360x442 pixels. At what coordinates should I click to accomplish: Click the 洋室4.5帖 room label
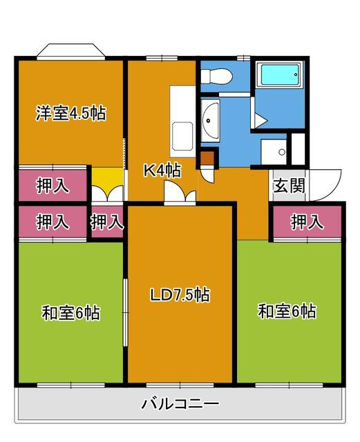[70, 113]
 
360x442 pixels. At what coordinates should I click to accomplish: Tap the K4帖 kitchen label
[162, 171]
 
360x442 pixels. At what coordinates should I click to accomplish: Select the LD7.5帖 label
[180, 295]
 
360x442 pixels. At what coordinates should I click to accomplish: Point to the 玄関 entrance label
[290, 186]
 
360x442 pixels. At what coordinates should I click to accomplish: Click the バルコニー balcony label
[180, 404]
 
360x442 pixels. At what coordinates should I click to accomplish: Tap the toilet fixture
[216, 76]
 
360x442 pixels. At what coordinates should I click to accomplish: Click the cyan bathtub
[280, 75]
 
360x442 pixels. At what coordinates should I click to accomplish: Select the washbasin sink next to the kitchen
[211, 121]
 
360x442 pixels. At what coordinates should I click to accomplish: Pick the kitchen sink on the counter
[182, 137]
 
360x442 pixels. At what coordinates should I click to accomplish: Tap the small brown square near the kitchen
[207, 158]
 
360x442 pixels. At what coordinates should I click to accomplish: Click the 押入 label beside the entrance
[307, 222]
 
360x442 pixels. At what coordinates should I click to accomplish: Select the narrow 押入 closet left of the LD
[107, 222]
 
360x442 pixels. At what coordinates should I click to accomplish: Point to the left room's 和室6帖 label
[70, 313]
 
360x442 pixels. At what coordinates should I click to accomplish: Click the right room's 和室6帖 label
[287, 311]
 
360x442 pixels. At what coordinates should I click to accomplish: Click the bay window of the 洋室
[71, 50]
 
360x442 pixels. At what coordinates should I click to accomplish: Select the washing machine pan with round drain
[274, 152]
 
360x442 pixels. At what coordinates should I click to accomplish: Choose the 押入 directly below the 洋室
[53, 186]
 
